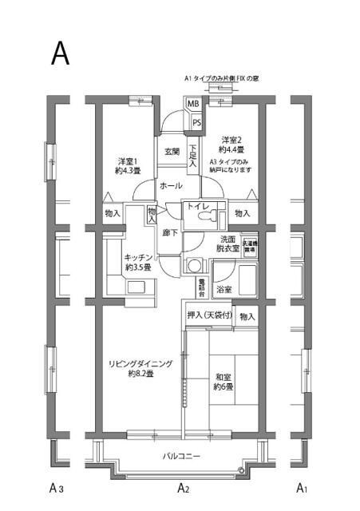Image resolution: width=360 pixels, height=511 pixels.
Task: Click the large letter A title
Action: pos(61,52)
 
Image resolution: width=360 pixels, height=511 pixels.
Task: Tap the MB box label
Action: pos(193,105)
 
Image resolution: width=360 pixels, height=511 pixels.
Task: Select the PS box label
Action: pos(196,121)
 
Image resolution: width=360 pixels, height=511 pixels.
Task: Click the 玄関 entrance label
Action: pos(172,152)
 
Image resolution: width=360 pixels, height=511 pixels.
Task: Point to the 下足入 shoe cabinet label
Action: pos(192,156)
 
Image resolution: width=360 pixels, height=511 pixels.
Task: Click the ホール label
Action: pos(170,185)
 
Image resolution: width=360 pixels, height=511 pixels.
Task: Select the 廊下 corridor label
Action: pos(170,233)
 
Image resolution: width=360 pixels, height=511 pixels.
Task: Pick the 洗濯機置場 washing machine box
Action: pos(250,247)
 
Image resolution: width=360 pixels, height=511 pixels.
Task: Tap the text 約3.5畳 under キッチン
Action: pos(138,268)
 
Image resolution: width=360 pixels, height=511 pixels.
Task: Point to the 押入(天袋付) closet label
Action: pos(210,316)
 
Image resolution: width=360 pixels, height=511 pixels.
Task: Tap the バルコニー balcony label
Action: pos(182,456)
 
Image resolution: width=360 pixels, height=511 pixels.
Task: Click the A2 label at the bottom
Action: pos(182,488)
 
